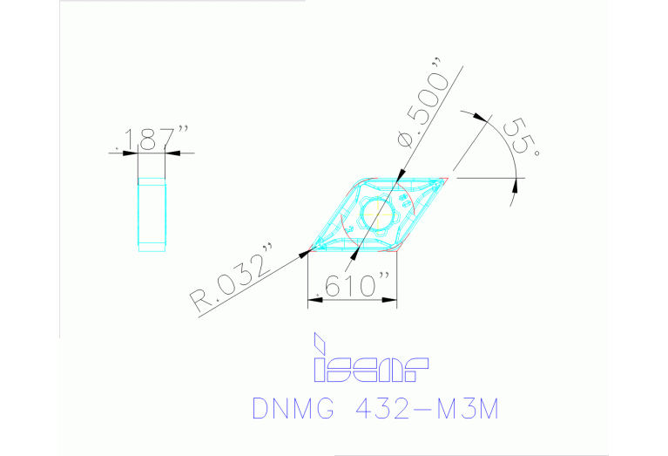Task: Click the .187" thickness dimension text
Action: [x=150, y=140]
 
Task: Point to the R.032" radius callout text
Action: [x=233, y=278]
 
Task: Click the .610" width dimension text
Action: [x=355, y=285]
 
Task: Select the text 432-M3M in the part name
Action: [x=434, y=408]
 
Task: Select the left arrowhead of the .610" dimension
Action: [x=314, y=299]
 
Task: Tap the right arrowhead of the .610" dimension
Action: [x=393, y=299]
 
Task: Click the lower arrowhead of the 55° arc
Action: [x=515, y=183]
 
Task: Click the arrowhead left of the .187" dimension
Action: [x=132, y=153]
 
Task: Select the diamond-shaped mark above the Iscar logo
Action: [x=320, y=343]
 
